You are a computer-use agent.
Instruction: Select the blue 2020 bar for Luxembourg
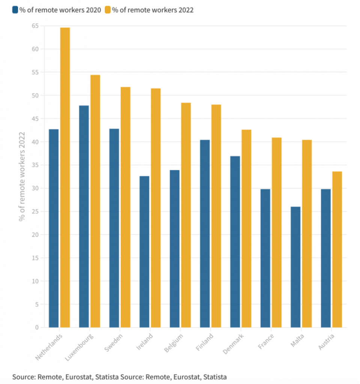click(84, 216)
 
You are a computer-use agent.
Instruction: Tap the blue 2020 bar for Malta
click(295, 267)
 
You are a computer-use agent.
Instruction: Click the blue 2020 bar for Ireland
click(144, 252)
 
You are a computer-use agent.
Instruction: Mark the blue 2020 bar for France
click(265, 258)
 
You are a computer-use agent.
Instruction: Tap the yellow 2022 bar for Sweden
click(125, 207)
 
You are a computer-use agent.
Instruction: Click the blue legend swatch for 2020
click(15, 10)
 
